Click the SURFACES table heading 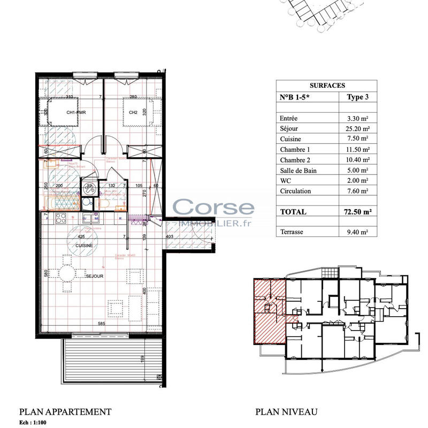327,85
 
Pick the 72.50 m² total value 356,212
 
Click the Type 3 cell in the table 358,97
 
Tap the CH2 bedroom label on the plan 134,112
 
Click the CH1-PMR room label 77,112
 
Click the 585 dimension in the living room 101,324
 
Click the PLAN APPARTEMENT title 65,411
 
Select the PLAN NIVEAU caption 286,411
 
